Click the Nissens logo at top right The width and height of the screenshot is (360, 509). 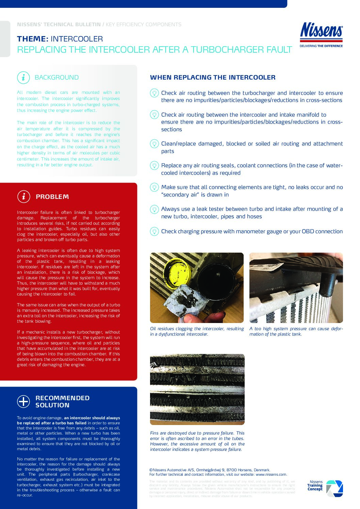tap(321, 31)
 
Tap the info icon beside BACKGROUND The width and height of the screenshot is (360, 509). tap(23, 78)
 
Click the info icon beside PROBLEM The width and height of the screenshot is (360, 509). tap(23, 197)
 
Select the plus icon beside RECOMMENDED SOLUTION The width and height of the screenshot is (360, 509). tap(23, 401)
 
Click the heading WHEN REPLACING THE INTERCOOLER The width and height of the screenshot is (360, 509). tap(213, 78)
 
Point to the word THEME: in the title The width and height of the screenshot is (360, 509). tap(33, 39)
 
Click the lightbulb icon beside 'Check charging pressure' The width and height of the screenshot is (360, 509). tap(154, 231)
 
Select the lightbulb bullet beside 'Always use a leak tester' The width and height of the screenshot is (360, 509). tap(154, 209)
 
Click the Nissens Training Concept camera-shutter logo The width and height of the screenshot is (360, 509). tap(334, 489)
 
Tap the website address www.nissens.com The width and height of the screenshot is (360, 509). tap(271, 474)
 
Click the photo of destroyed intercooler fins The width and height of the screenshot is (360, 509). tap(197, 389)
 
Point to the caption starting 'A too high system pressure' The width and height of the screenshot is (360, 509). tap(296, 331)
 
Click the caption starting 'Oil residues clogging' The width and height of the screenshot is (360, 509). tap(197, 331)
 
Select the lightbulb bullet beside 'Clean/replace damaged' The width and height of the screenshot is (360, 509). tap(154, 143)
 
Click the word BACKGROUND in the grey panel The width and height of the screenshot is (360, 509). tap(56, 78)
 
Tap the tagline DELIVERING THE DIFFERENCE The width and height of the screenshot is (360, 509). tap(321, 46)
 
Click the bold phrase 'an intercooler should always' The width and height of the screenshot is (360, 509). tap(92, 418)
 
